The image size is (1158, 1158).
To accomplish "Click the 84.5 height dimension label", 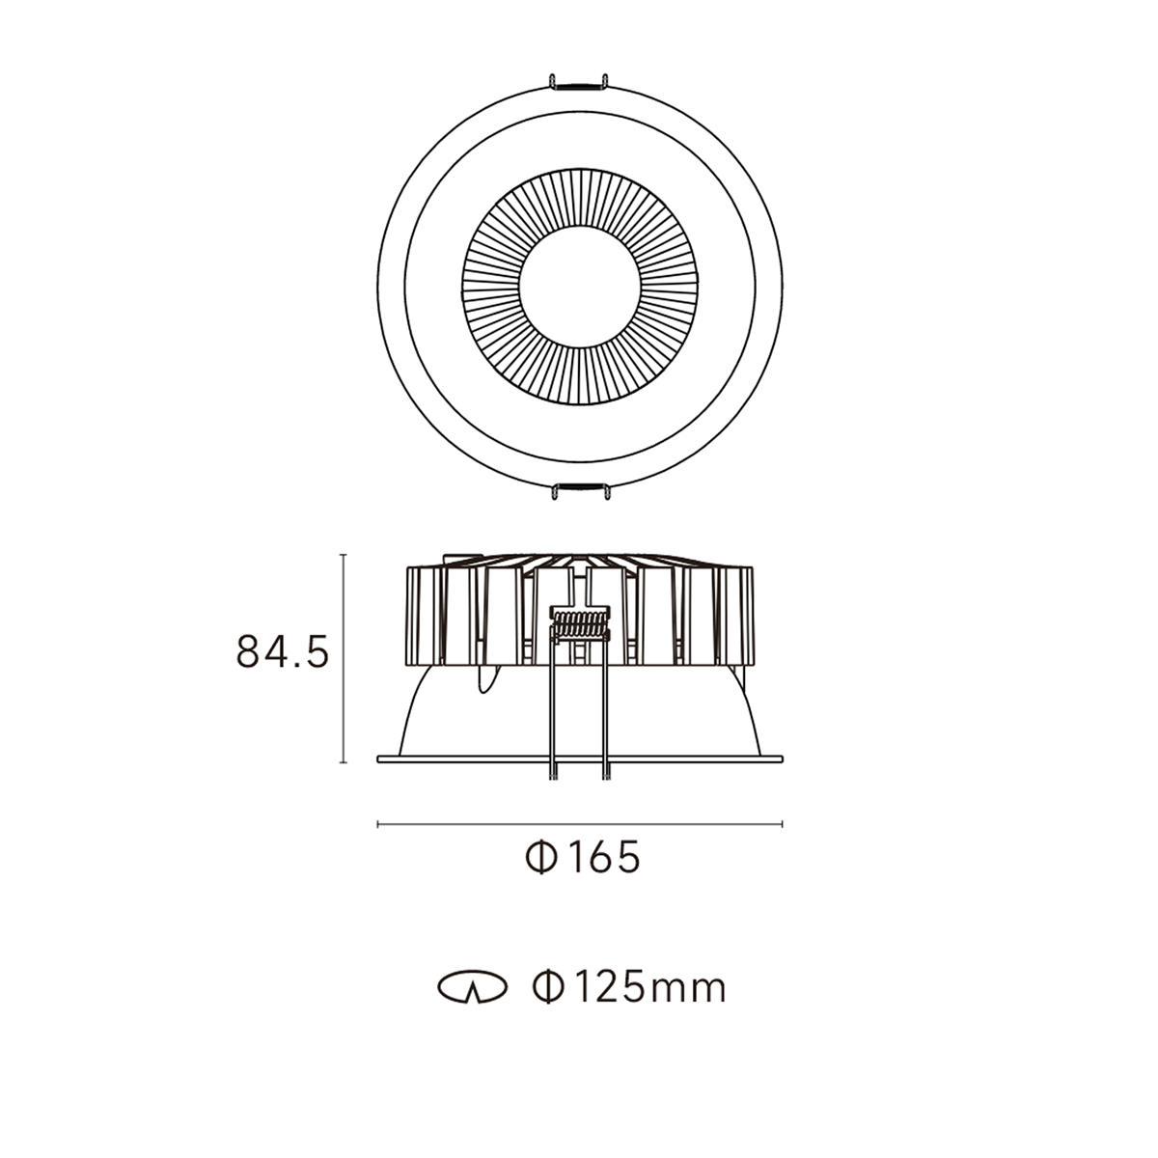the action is [x=283, y=651].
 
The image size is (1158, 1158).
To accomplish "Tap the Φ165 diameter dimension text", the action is [x=583, y=858].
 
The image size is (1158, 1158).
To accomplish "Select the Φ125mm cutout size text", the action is [x=629, y=988].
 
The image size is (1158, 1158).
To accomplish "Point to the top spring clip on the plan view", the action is [x=579, y=83].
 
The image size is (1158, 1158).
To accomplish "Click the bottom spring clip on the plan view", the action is [x=579, y=490].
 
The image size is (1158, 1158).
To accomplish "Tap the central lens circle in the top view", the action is [x=579, y=287].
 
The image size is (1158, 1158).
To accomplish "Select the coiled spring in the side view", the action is [x=580, y=624].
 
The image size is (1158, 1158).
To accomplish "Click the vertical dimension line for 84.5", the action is [x=344, y=658].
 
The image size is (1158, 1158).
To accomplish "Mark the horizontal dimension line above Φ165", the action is [x=579, y=824].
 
